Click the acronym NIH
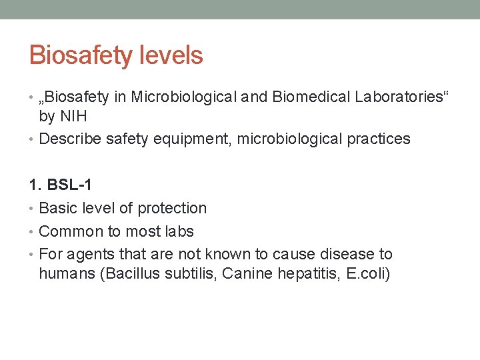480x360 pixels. pyautogui.click(x=73, y=117)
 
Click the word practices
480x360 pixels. pyautogui.click(x=379, y=139)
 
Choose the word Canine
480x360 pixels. pyautogui.click(x=244, y=274)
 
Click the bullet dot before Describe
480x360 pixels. pyautogui.click(x=33, y=140)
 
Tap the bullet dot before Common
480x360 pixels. pyautogui.click(x=33, y=233)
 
